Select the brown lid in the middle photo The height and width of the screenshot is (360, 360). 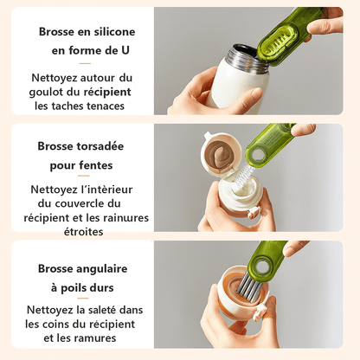pos(223,153)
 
